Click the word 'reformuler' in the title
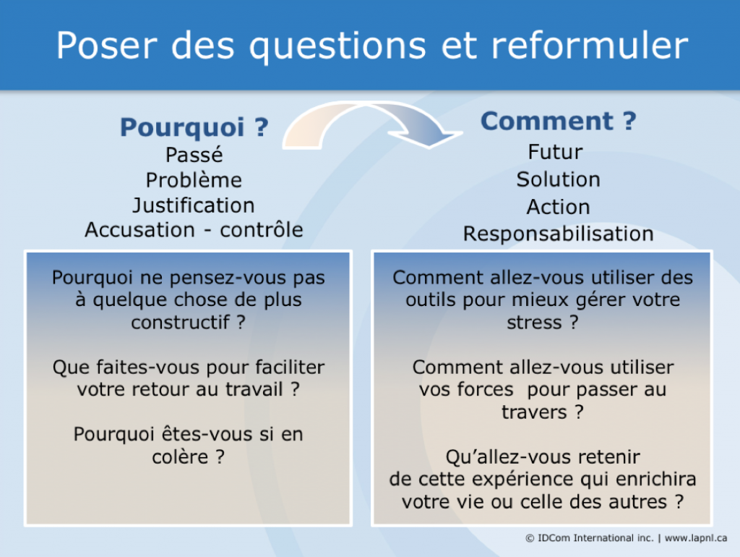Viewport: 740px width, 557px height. coord(590,46)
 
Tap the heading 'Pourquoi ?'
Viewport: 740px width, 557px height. coord(194,127)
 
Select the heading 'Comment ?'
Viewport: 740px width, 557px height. coord(559,121)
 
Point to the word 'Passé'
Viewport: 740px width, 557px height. coord(194,155)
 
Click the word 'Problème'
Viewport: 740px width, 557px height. coord(194,180)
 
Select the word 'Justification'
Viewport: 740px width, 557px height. coord(194,205)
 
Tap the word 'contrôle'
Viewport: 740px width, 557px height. coord(262,229)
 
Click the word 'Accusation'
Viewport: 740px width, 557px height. coord(139,229)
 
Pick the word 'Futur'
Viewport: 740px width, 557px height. coord(556,152)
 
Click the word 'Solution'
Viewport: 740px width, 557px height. coord(559,179)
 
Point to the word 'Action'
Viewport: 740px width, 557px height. coord(559,207)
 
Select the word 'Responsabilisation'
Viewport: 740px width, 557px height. coord(559,234)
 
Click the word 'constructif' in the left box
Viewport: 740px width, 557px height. coord(181,322)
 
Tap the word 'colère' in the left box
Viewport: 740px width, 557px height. coord(180,457)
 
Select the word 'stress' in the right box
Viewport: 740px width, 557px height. coord(534,322)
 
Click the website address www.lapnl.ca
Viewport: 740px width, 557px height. coord(696,538)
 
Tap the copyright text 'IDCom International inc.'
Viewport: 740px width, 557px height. coord(595,538)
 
